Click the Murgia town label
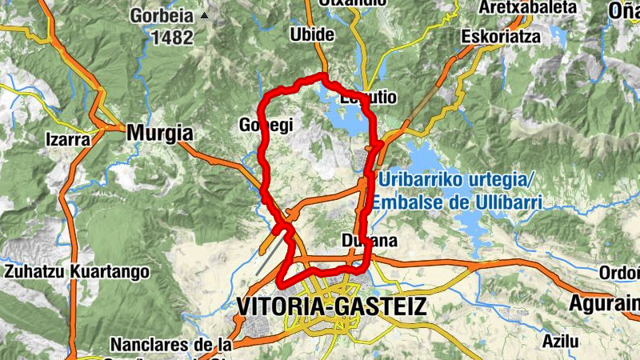[160, 133]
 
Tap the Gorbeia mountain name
[163, 15]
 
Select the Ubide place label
[313, 37]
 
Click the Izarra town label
[69, 138]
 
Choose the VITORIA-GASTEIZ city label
[332, 306]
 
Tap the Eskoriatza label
[502, 37]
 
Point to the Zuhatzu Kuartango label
[77, 271]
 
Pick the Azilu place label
[560, 341]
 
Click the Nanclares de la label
[171, 346]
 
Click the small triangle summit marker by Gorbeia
[204, 15]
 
